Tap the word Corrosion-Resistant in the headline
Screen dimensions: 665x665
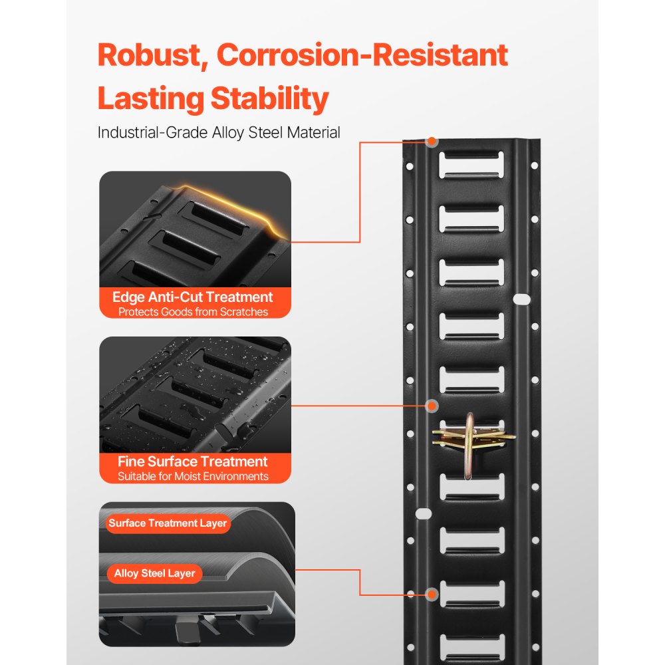(x=362, y=55)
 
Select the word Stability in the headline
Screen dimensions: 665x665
(x=269, y=98)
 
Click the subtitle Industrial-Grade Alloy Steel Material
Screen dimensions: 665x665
(x=219, y=132)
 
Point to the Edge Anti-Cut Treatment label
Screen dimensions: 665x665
(x=193, y=297)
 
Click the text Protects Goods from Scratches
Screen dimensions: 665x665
(x=193, y=311)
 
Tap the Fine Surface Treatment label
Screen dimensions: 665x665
(x=193, y=461)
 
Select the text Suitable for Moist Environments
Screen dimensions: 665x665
(x=193, y=476)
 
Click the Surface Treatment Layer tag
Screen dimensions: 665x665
(x=168, y=523)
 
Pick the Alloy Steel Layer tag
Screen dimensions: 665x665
(x=154, y=573)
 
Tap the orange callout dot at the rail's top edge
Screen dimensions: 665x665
(x=432, y=142)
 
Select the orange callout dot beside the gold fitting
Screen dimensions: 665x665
(x=432, y=405)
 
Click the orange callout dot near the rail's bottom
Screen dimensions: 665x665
(x=432, y=595)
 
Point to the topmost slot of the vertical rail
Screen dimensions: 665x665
(x=471, y=164)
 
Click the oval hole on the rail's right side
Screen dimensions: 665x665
(x=523, y=299)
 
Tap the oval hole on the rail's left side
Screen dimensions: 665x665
(x=421, y=514)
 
